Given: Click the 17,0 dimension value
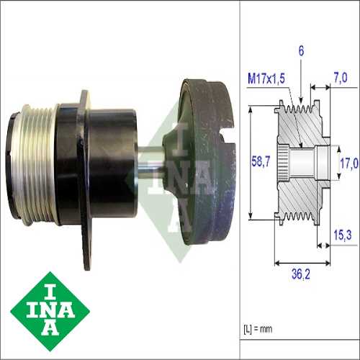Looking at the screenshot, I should click(348, 163).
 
